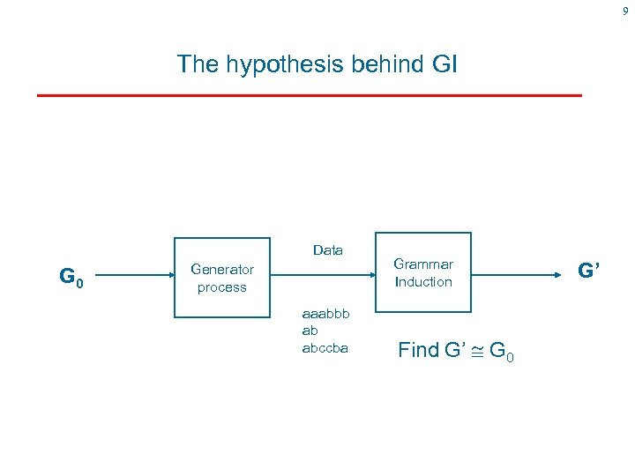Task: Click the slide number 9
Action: point(625,11)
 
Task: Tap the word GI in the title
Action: point(444,64)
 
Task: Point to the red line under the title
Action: point(310,94)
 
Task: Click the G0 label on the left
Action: point(71,278)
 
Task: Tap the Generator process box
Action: point(222,278)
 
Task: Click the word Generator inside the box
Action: point(222,270)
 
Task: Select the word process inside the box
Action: point(222,287)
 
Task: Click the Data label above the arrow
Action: point(328,250)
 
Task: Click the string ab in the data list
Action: point(310,331)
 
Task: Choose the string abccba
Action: point(325,347)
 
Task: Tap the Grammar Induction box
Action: point(423,273)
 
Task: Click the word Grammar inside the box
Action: point(423,264)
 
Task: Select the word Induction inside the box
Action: point(423,282)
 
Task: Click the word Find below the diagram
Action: point(418,350)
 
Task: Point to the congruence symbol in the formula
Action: point(476,351)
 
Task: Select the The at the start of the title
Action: point(197,64)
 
